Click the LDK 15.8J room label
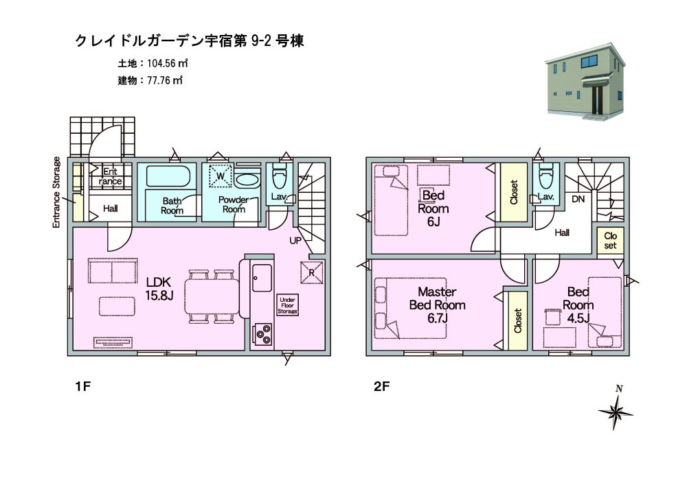point(159,289)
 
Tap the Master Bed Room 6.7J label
point(437,305)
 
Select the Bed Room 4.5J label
point(578,305)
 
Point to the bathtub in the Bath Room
point(168,176)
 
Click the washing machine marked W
point(221,176)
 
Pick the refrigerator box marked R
point(311,272)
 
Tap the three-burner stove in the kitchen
point(262,334)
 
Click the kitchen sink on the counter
point(262,278)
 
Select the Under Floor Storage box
point(287,305)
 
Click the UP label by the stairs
point(295,241)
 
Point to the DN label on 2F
point(578,199)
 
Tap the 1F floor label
point(83,386)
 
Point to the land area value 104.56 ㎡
point(168,63)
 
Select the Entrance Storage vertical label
point(56,192)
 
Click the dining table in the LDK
point(212,296)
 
